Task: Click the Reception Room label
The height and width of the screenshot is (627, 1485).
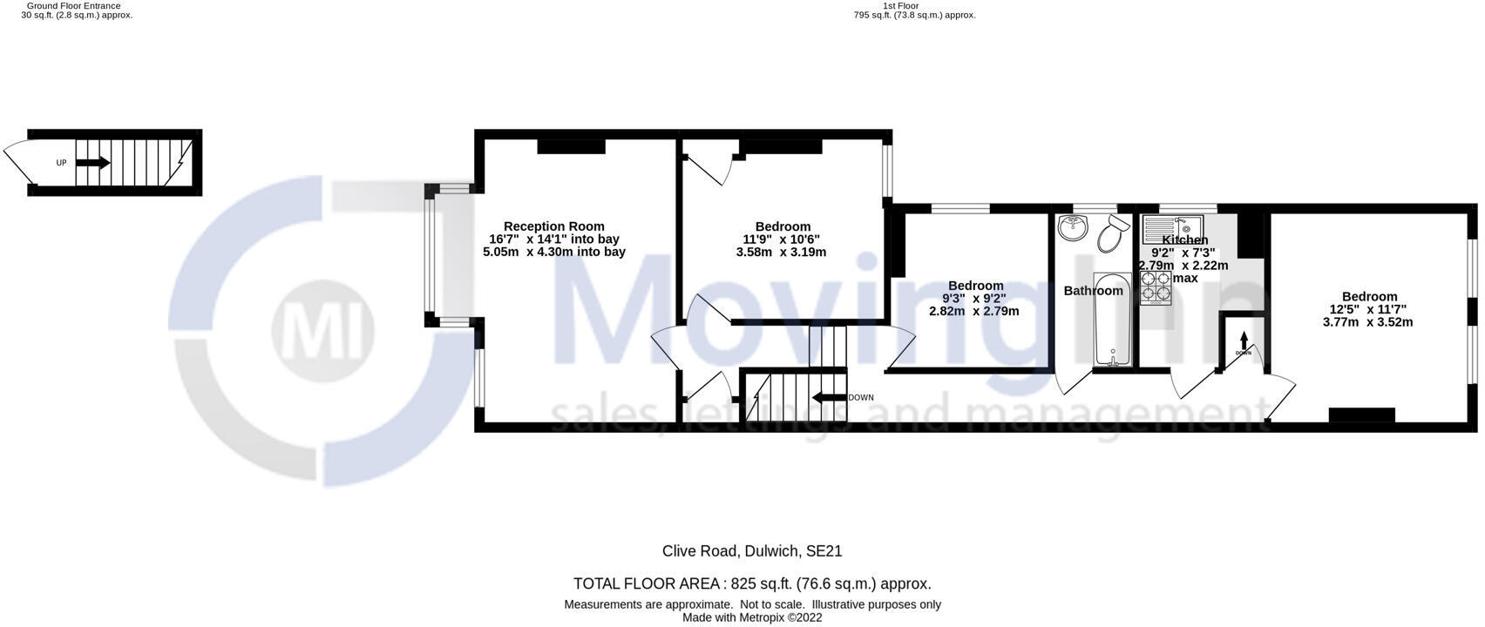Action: pos(553,226)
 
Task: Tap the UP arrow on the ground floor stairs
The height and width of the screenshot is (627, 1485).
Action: pos(93,163)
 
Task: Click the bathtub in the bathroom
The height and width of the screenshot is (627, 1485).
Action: pos(1112,320)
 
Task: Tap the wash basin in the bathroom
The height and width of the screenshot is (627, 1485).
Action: pos(1073,229)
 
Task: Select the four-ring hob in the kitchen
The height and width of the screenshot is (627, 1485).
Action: pos(1156,287)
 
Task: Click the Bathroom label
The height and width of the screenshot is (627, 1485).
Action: pos(1093,291)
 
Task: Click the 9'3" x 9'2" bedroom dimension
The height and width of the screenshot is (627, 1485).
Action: pos(974,298)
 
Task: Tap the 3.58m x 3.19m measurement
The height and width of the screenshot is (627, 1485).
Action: pos(781,253)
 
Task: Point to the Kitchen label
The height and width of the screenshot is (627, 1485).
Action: pos(1185,240)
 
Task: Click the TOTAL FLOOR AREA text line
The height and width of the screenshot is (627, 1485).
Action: pos(751,583)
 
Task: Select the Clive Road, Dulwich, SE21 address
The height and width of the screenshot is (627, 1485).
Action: pos(751,551)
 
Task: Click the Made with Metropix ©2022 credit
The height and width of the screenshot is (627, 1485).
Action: pos(751,617)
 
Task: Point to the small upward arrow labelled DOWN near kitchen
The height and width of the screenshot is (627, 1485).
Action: pos(1244,340)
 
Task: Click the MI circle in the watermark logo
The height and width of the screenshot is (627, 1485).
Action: pos(322,331)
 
